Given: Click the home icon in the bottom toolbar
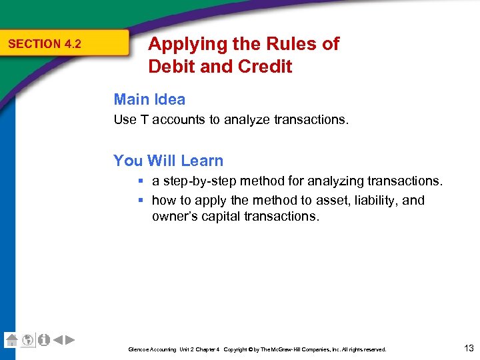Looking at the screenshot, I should click(x=11, y=340).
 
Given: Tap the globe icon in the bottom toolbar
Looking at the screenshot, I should click(x=27, y=340).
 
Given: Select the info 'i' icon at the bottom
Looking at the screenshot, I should click(x=43, y=340).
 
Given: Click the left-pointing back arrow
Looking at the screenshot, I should click(x=57, y=340).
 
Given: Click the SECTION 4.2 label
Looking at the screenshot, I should click(x=44, y=44).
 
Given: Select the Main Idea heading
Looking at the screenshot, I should click(x=149, y=99).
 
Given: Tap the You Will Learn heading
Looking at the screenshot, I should click(x=168, y=161).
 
